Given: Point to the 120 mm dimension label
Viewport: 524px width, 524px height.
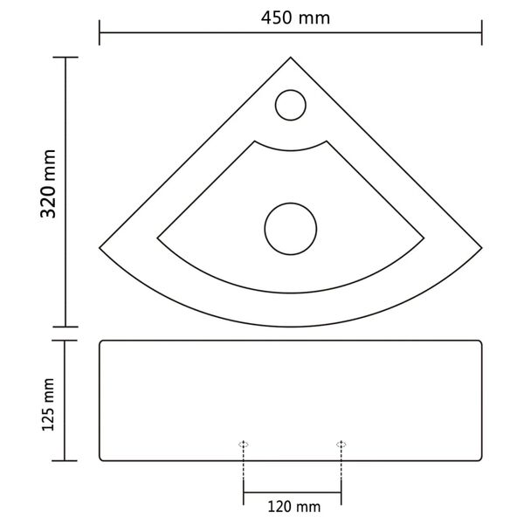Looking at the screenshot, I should pyautogui.click(x=292, y=506).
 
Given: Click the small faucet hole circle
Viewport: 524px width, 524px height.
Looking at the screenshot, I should pyautogui.click(x=290, y=106).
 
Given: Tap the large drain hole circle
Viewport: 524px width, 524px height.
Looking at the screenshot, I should pyautogui.click(x=290, y=229).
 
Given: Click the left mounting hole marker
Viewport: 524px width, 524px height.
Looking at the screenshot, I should pyautogui.click(x=244, y=445).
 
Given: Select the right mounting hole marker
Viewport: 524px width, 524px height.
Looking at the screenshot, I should pyautogui.click(x=341, y=445).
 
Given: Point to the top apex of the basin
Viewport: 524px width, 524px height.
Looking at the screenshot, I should pyautogui.click(x=291, y=58).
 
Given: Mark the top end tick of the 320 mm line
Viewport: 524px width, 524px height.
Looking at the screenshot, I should pyautogui.click(x=65, y=58).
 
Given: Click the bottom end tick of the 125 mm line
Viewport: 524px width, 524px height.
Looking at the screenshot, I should pyautogui.click(x=65, y=460).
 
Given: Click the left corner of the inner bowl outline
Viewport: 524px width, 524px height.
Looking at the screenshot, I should pyautogui.click(x=157, y=235).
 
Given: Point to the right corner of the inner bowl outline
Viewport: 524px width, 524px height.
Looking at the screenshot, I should pyautogui.click(x=424, y=235).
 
